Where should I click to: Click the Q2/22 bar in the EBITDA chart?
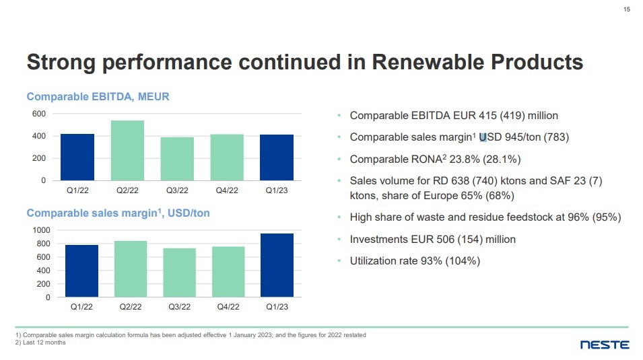tap(127, 150)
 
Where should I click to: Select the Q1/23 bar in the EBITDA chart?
tap(277, 157)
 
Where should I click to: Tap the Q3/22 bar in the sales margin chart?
tap(179, 273)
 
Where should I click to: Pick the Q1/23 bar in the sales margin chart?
tap(277, 265)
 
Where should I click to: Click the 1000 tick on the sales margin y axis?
tap(41, 230)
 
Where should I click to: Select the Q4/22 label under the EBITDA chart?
tap(228, 190)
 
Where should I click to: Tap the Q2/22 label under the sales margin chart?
tap(130, 307)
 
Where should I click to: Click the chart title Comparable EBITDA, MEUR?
tap(98, 97)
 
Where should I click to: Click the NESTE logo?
tap(605, 345)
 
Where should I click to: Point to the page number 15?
tap(627, 10)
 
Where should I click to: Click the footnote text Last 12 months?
tap(44, 342)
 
